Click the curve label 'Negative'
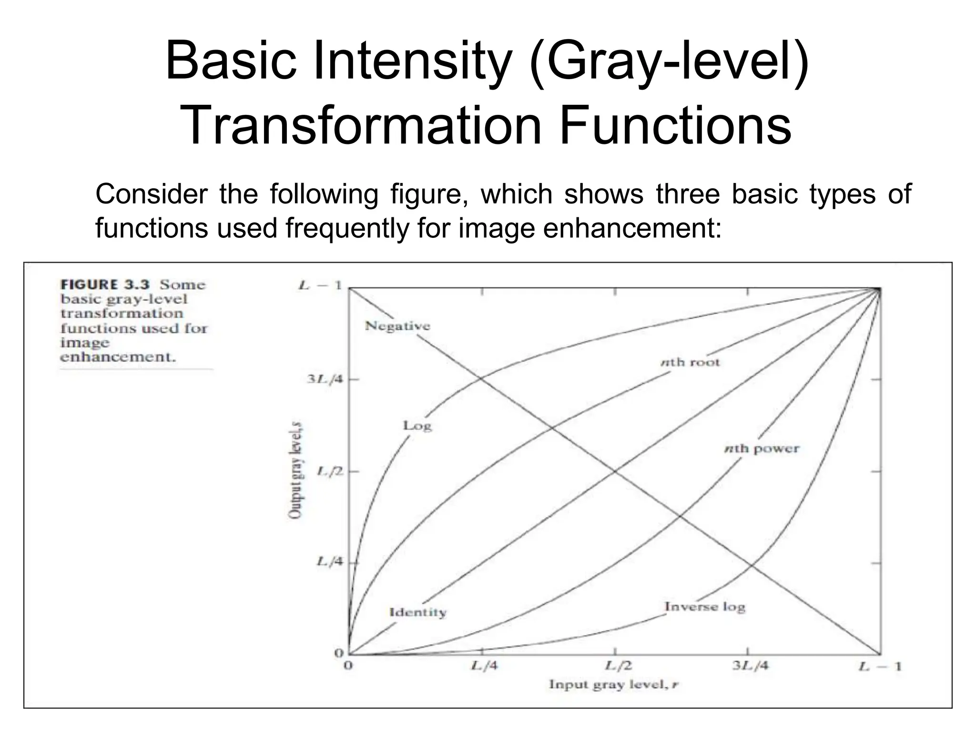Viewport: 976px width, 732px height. (397, 326)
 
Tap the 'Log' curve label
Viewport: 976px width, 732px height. (417, 425)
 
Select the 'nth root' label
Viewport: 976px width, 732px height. (690, 362)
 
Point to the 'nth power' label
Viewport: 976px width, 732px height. (762, 448)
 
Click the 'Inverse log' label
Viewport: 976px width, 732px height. (705, 607)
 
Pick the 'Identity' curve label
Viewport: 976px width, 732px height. (418, 612)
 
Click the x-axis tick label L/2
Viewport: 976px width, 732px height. (619, 666)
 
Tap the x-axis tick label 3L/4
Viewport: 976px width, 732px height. (750, 666)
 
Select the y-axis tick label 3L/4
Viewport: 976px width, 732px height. (325, 379)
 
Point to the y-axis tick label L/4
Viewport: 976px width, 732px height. (330, 561)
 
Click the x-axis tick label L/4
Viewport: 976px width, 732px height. (484, 666)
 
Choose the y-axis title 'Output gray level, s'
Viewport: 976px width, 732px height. (295, 470)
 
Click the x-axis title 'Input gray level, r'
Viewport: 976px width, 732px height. (613, 685)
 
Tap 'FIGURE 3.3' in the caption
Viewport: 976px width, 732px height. (105, 285)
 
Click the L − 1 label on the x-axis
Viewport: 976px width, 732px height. (880, 666)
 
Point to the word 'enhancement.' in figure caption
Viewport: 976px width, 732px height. (118, 357)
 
